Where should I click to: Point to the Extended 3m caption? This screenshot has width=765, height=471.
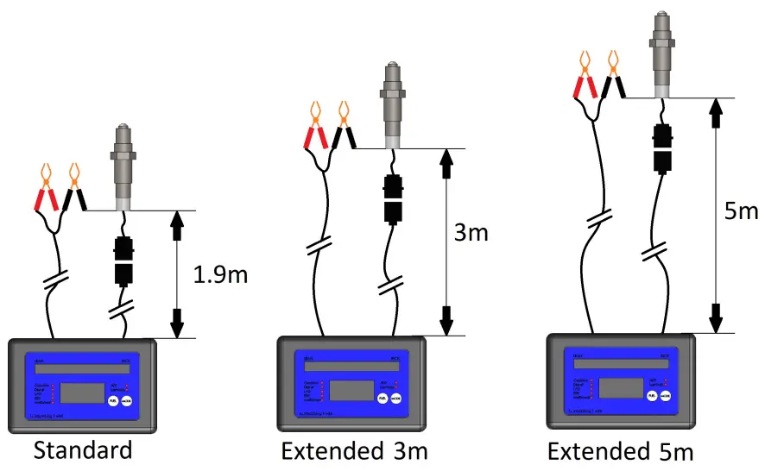354,451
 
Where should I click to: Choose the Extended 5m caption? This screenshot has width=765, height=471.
620,451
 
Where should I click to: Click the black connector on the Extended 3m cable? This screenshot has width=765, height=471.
393,201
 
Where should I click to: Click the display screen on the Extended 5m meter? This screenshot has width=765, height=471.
621,387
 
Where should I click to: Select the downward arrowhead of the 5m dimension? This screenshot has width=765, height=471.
715,316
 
